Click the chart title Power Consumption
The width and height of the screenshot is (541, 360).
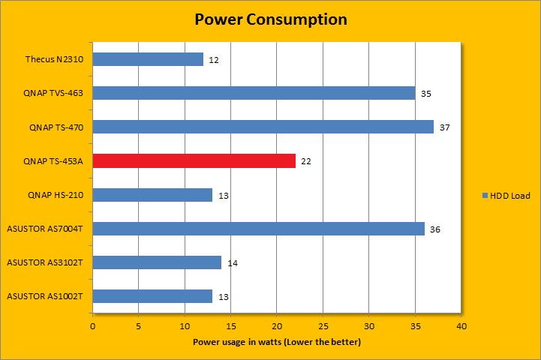pyautogui.click(x=270, y=19)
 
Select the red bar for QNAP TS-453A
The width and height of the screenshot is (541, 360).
pyautogui.click(x=194, y=161)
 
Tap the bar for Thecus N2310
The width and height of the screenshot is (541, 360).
pyautogui.click(x=148, y=59)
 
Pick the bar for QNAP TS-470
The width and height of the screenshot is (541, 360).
pyautogui.click(x=263, y=127)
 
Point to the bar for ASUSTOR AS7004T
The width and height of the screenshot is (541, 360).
pyautogui.click(x=258, y=229)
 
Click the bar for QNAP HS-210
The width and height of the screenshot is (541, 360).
pyautogui.click(x=152, y=195)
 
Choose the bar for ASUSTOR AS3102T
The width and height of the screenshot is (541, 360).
pyautogui.click(x=157, y=262)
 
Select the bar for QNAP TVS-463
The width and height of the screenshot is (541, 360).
pyautogui.click(x=254, y=93)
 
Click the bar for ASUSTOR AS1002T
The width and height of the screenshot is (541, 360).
pyautogui.click(x=152, y=296)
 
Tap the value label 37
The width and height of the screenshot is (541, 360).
pyautogui.click(x=444, y=127)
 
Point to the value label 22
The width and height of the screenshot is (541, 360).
pyautogui.click(x=306, y=161)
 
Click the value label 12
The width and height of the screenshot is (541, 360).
pyautogui.click(x=214, y=59)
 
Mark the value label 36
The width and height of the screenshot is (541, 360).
pyautogui.click(x=435, y=229)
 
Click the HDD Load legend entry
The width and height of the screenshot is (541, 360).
pyautogui.click(x=506, y=196)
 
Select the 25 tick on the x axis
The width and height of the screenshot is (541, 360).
pyautogui.click(x=323, y=326)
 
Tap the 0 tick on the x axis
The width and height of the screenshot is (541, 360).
pyautogui.click(x=92, y=326)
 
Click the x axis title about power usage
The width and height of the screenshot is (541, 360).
pyautogui.click(x=277, y=342)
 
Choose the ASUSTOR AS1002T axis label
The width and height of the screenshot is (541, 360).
pyautogui.click(x=44, y=296)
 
